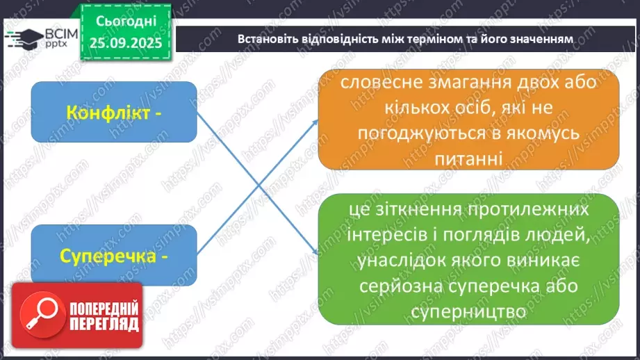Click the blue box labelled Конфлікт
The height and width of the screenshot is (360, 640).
[114, 114]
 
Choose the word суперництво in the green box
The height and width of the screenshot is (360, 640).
[470, 313]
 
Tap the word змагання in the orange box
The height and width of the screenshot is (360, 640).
[474, 82]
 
